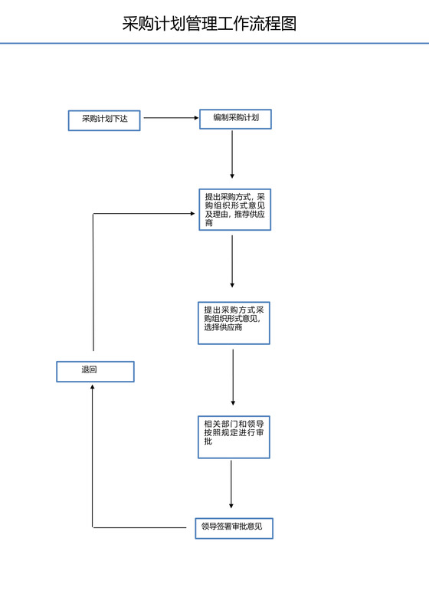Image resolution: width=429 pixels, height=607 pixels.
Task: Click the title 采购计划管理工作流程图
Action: tap(209, 24)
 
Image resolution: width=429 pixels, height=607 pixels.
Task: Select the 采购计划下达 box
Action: tap(104, 120)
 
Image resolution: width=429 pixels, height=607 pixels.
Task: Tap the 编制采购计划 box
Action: tap(235, 119)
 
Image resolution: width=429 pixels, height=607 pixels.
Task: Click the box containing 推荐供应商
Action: tap(235, 209)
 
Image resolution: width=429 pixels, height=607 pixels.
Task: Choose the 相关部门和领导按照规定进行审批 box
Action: tap(234, 437)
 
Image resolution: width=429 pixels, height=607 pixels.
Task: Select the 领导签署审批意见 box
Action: tap(234, 528)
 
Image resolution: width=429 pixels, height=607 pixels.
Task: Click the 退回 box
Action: tap(95, 372)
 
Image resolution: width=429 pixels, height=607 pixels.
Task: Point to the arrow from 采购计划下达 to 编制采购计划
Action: tap(170, 118)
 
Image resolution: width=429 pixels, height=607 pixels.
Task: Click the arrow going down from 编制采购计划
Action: tap(232, 153)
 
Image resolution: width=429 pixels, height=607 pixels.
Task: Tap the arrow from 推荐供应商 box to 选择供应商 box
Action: tap(232, 261)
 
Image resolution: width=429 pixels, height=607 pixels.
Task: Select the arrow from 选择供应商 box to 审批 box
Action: tap(233, 376)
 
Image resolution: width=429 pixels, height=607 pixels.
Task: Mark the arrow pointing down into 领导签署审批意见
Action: tap(231, 484)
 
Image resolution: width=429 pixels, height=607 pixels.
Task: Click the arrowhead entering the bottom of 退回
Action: tap(93, 387)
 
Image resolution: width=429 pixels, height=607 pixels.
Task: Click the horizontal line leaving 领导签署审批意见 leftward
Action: tap(142, 527)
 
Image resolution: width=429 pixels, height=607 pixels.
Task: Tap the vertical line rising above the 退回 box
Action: tap(93, 284)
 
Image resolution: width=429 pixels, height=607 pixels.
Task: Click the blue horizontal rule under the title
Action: tap(215, 44)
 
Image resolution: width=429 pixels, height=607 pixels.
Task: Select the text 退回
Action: tap(90, 370)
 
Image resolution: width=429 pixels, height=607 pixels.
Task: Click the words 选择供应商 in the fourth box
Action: tap(223, 328)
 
